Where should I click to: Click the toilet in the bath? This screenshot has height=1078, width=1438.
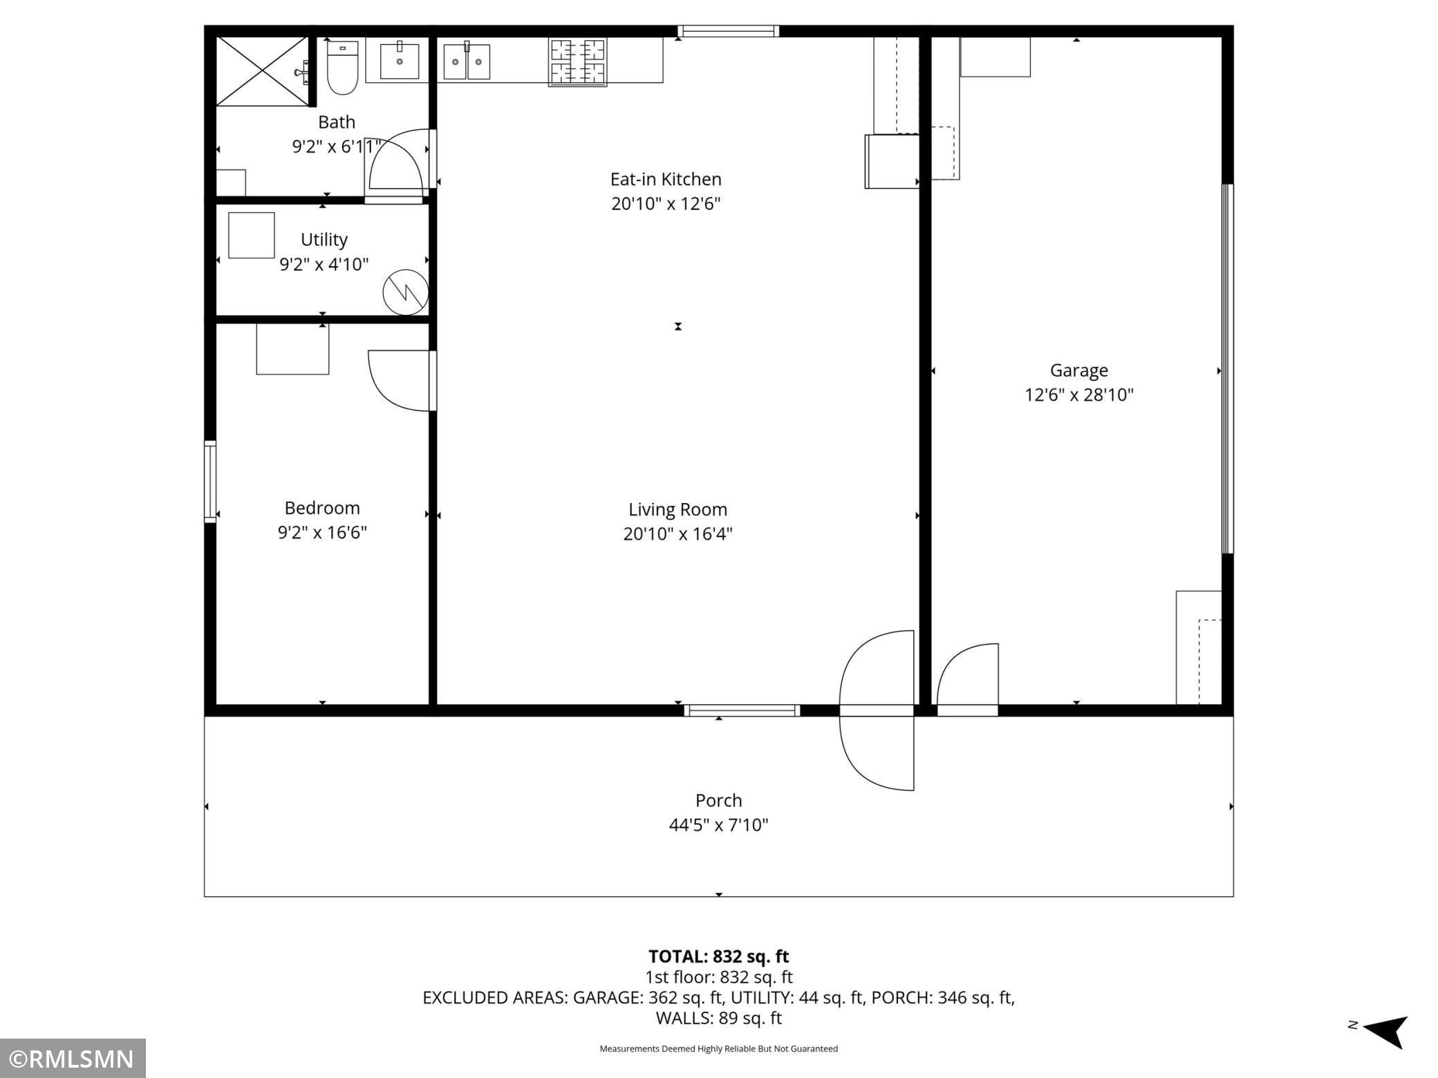[342, 67]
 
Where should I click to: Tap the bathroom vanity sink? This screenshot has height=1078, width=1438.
[400, 61]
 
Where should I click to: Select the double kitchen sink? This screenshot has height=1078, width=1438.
[467, 62]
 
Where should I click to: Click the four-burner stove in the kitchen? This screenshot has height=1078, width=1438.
[578, 62]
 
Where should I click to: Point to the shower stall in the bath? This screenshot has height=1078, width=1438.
[263, 71]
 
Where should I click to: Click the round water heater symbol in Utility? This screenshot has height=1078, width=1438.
[406, 292]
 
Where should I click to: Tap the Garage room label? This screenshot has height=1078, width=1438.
[1078, 370]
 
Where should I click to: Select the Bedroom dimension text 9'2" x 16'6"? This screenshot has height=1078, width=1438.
[322, 533]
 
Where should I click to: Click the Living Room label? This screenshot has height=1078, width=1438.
[678, 510]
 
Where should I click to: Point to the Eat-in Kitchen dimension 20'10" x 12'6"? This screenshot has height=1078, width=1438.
[666, 204]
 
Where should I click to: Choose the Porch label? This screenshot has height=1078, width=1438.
[718, 800]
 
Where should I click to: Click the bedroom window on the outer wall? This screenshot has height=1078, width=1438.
[210, 481]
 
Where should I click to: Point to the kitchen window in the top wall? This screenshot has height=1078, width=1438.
[728, 31]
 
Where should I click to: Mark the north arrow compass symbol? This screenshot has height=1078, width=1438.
[1385, 1031]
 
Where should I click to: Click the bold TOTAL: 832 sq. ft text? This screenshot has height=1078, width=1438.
[718, 956]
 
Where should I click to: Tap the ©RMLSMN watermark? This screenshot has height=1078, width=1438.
[73, 1059]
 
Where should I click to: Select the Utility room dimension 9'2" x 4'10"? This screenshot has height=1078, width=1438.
[324, 265]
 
